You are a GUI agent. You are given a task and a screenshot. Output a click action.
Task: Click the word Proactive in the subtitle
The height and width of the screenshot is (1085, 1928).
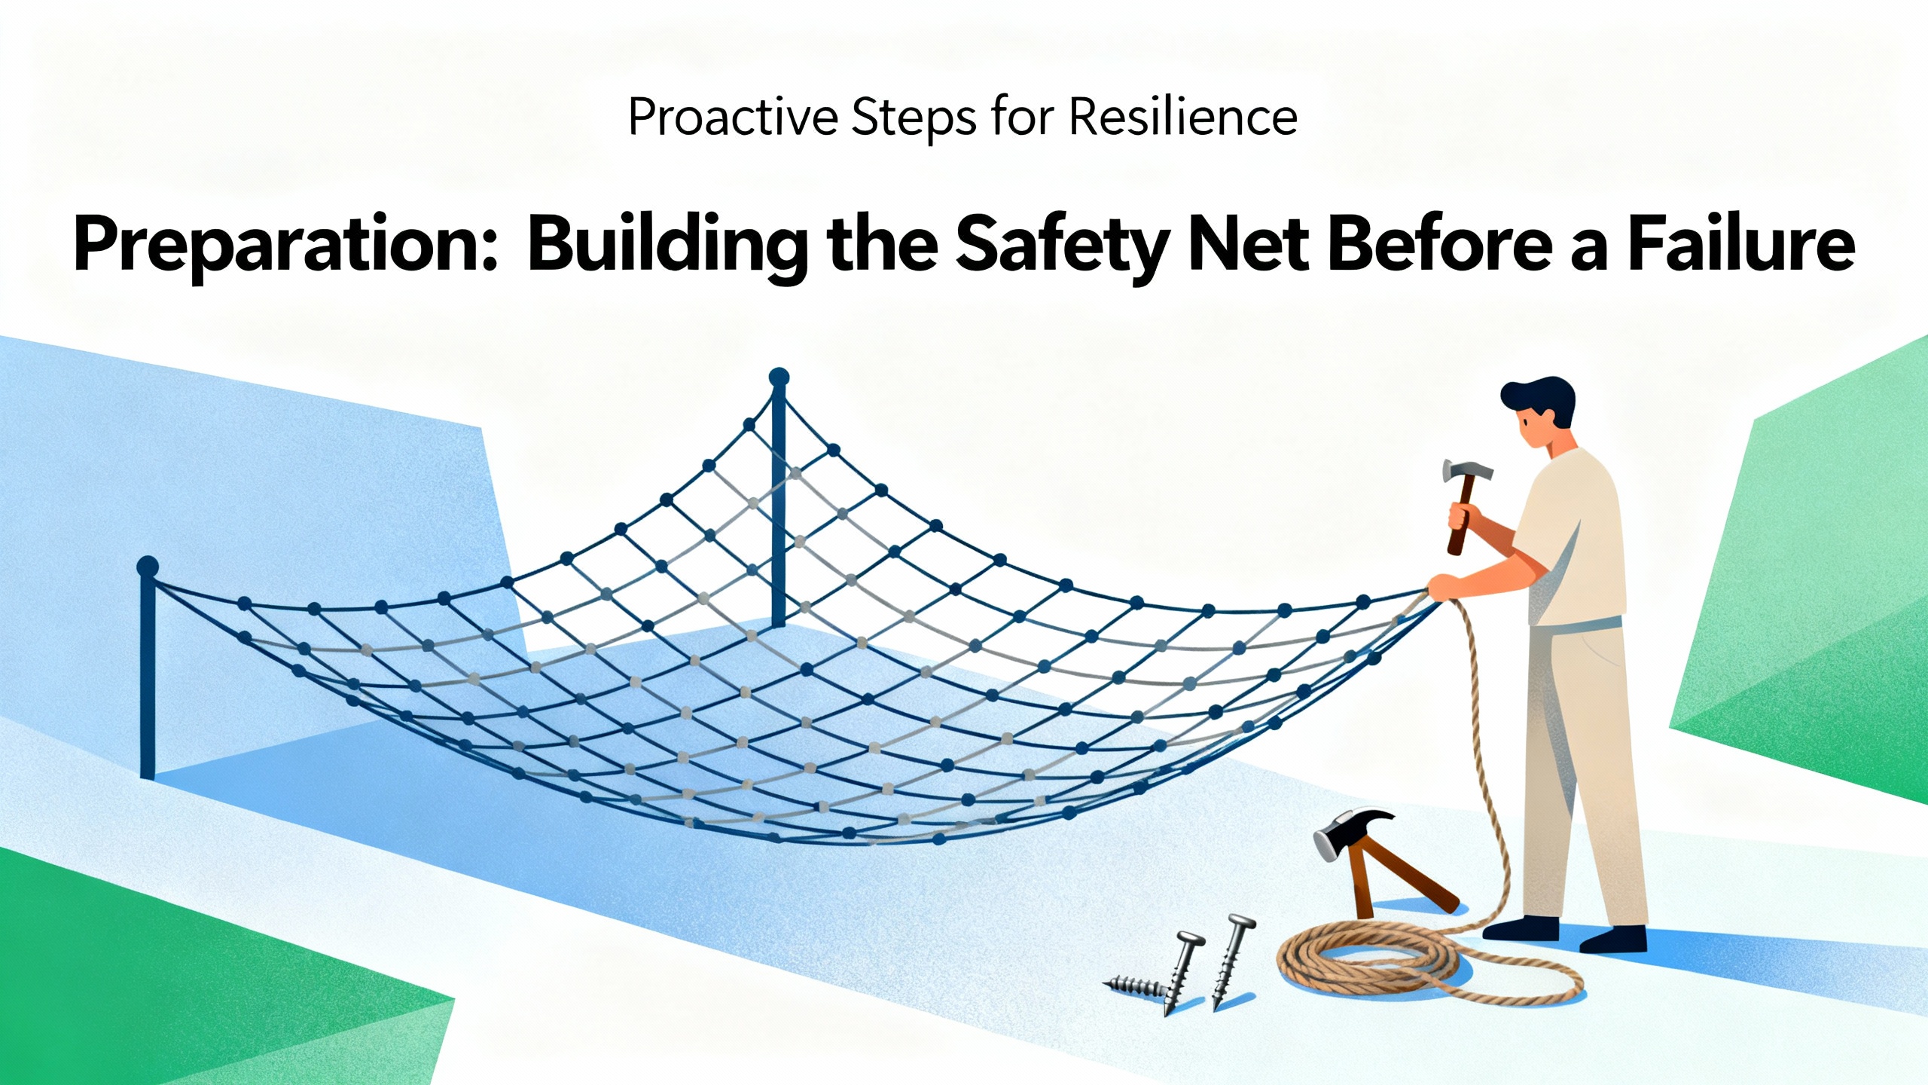tap(733, 118)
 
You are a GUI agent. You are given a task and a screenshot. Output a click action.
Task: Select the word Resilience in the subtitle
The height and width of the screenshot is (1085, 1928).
tap(1183, 118)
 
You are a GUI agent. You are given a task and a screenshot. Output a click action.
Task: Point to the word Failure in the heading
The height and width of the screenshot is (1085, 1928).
tap(1742, 243)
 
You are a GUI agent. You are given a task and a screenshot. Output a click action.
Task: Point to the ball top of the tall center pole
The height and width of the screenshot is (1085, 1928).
tap(779, 377)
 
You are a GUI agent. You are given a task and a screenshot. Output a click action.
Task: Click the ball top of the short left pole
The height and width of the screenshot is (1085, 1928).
tap(148, 566)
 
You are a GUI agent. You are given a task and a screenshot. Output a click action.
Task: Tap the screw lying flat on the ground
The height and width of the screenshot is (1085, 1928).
tap(1139, 986)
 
